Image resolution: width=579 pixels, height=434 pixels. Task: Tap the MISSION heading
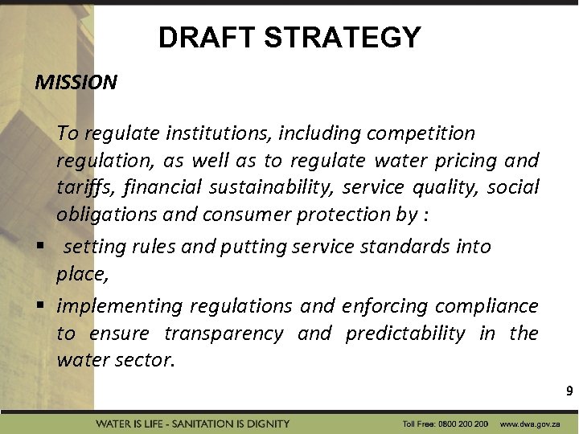76,82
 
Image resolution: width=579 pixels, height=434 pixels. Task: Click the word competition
422,133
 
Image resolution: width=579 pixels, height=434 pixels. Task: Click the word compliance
487,306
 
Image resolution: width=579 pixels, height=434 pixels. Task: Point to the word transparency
224,334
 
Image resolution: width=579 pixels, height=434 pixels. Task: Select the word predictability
405,334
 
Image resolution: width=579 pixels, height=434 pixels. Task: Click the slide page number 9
569,392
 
